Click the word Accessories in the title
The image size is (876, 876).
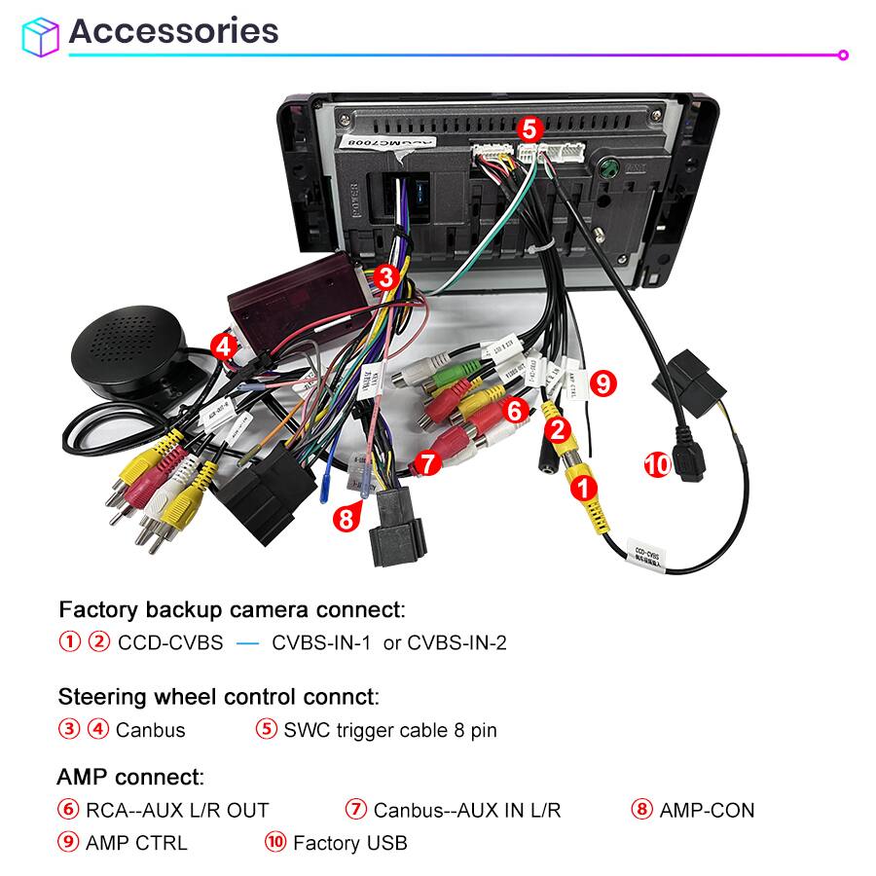pyautogui.click(x=173, y=31)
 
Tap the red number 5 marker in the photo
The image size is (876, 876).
pyautogui.click(x=529, y=128)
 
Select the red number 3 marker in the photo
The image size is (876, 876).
pyautogui.click(x=386, y=277)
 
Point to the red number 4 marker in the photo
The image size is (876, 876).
pyautogui.click(x=224, y=346)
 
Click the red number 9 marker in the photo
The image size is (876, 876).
pyautogui.click(x=603, y=383)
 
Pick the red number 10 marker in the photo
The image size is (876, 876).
pyautogui.click(x=658, y=465)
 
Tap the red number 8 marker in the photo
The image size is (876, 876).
pyautogui.click(x=344, y=519)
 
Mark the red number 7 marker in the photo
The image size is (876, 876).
pyautogui.click(x=425, y=462)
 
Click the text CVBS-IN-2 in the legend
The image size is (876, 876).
pyautogui.click(x=456, y=642)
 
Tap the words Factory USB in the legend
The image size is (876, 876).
pyautogui.click(x=349, y=843)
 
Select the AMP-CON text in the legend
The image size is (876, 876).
pyautogui.click(x=707, y=810)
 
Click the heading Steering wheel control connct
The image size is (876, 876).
pyautogui.click(x=218, y=697)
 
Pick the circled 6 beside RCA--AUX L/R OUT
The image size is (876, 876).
pyautogui.click(x=68, y=810)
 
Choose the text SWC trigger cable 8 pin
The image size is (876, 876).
pyautogui.click(x=389, y=730)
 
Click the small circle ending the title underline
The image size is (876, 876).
pyautogui.click(x=843, y=55)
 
